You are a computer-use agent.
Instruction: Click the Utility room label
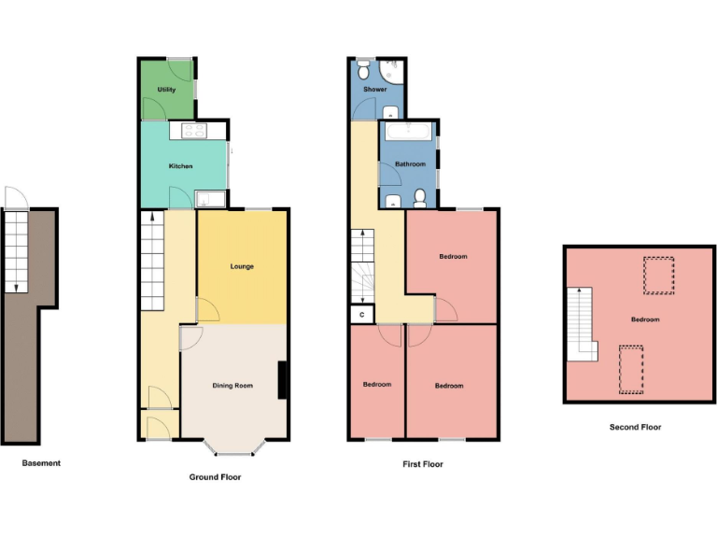(x=167, y=90)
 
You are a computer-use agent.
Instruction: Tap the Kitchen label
(x=180, y=166)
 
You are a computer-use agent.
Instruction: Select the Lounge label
(x=242, y=267)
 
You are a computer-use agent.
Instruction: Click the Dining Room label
(x=233, y=386)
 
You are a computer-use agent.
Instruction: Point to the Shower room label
(x=374, y=90)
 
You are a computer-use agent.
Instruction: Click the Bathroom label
(x=410, y=164)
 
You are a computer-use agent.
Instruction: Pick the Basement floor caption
(x=41, y=462)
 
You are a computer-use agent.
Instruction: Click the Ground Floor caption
(x=215, y=476)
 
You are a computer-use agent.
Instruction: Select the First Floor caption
(x=422, y=463)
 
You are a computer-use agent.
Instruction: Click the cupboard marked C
(x=360, y=315)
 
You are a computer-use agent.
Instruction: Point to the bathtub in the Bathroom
(x=408, y=130)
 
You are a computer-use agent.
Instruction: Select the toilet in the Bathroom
(x=420, y=197)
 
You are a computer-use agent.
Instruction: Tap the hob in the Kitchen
(x=194, y=131)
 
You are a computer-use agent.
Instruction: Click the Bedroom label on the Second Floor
(x=644, y=319)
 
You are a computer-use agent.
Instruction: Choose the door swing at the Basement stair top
(x=16, y=197)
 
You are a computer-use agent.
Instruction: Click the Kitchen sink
(x=210, y=198)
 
